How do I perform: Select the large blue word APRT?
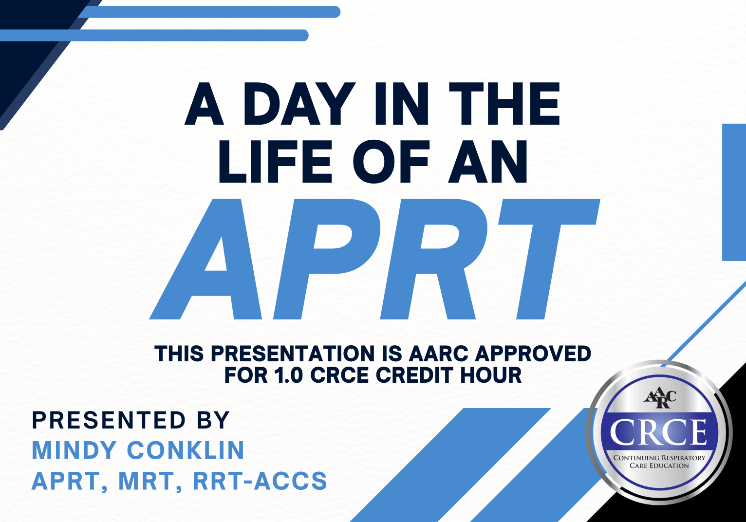(x=374, y=259)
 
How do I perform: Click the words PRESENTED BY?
(x=131, y=420)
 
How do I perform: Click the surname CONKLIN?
(x=186, y=450)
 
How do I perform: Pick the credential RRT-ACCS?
(x=260, y=481)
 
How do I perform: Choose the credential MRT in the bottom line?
(x=147, y=482)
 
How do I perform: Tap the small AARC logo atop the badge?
(x=660, y=399)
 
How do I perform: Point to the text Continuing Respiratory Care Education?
(x=659, y=461)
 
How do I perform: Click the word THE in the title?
(x=504, y=104)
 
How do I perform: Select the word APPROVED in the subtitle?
(x=533, y=354)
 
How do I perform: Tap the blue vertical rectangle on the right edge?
(x=734, y=192)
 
